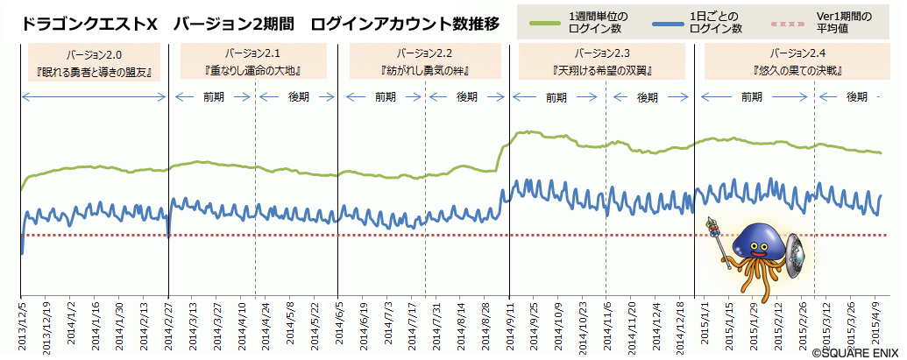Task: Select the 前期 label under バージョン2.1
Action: [x=213, y=96]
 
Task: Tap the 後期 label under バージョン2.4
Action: [x=856, y=96]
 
